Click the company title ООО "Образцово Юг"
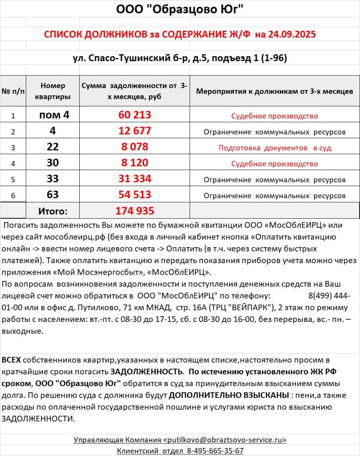click(x=180, y=9)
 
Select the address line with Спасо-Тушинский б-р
click(x=180, y=58)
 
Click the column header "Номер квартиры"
click(x=53, y=91)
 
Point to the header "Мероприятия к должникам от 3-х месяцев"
click(x=275, y=91)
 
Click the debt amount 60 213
click(x=135, y=115)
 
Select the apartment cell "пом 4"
click(x=54, y=115)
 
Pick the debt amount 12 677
click(x=135, y=131)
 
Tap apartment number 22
click(x=53, y=147)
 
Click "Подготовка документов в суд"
click(x=275, y=148)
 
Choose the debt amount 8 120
click(x=135, y=163)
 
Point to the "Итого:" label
click(x=53, y=211)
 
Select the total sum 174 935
click(x=135, y=211)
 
